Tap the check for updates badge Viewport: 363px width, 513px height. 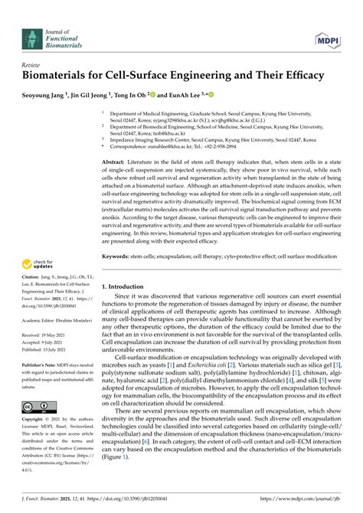pyautogui.click(x=43, y=265)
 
